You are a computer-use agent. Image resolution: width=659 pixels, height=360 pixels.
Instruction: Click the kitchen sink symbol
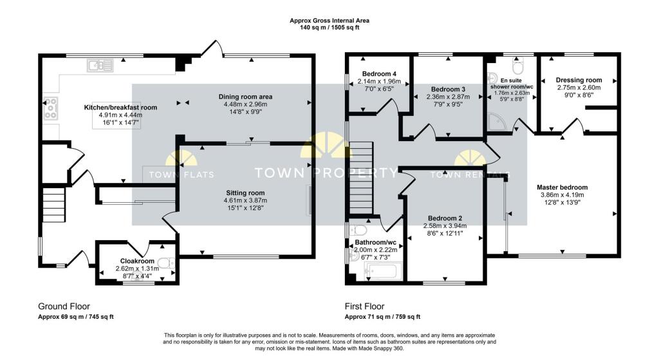click(x=100, y=66)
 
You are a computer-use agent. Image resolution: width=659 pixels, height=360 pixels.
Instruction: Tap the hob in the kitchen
click(x=50, y=108)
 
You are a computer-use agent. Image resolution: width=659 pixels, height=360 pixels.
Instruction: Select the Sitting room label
click(x=245, y=193)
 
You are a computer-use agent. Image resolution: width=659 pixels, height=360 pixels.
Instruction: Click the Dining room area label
click(x=245, y=97)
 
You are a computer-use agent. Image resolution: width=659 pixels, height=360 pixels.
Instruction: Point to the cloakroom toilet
click(x=167, y=263)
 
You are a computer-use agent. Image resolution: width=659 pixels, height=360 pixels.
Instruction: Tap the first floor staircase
click(x=362, y=178)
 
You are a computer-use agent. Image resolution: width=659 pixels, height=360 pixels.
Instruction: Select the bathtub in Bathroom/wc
click(x=383, y=272)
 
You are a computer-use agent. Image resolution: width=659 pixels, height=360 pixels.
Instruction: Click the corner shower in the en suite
click(x=498, y=122)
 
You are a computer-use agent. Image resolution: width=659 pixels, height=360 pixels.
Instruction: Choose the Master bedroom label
click(x=562, y=187)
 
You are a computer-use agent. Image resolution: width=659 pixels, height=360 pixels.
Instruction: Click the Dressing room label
click(x=579, y=80)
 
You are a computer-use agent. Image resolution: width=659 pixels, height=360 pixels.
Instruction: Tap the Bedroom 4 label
click(x=379, y=74)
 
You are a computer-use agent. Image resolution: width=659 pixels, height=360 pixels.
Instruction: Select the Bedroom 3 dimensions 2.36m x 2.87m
click(x=448, y=97)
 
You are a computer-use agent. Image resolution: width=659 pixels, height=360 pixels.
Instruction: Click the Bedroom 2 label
click(x=445, y=218)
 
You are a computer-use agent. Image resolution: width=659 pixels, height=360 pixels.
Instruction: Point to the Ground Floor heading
click(x=64, y=307)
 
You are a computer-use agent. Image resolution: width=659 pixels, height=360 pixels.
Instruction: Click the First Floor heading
click(x=365, y=307)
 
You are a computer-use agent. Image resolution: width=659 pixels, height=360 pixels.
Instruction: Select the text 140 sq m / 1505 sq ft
click(x=329, y=28)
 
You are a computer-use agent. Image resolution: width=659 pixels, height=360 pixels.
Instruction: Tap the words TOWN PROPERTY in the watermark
click(x=326, y=173)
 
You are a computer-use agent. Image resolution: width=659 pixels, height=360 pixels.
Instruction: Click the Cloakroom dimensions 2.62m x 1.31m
click(x=138, y=269)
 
